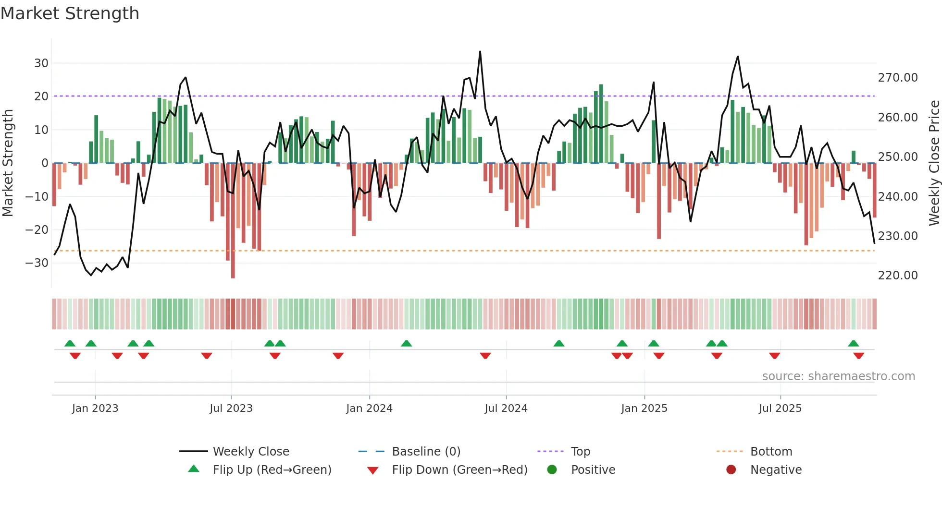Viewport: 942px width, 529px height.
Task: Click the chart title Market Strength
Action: click(x=70, y=13)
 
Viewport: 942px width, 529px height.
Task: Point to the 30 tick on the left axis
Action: click(x=41, y=63)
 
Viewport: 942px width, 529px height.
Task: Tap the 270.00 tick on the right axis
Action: click(x=898, y=78)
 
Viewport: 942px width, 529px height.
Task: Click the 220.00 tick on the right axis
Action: click(x=898, y=276)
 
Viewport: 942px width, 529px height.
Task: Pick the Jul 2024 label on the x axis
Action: click(x=506, y=409)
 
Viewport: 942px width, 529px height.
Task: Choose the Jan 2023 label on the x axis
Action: click(x=95, y=409)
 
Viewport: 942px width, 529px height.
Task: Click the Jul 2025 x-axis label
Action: click(x=780, y=409)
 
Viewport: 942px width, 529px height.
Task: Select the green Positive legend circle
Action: click(x=552, y=470)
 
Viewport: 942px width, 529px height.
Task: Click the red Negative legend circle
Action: click(x=731, y=470)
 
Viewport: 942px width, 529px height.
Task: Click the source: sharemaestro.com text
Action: click(x=838, y=376)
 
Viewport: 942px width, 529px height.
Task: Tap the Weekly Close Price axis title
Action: click(x=934, y=163)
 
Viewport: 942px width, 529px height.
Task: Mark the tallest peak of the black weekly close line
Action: click(x=480, y=52)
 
